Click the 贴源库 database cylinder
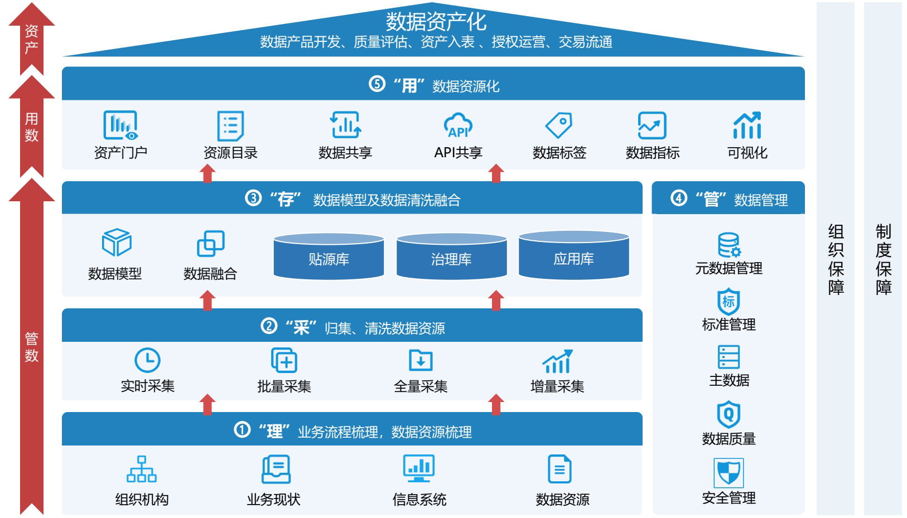(329, 257)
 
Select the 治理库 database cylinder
(451, 257)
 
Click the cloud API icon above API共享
(458, 125)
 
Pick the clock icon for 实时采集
(147, 360)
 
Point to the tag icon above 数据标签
(559, 125)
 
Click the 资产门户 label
(120, 152)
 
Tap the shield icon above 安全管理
(729, 473)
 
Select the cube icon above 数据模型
(116, 243)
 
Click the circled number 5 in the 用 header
(377, 84)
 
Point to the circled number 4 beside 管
(678, 198)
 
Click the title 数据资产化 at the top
(436, 22)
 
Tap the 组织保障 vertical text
(836, 259)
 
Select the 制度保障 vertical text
(883, 259)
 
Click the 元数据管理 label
(729, 268)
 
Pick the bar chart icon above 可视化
(747, 125)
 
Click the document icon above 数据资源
(559, 469)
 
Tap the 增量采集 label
(557, 386)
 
